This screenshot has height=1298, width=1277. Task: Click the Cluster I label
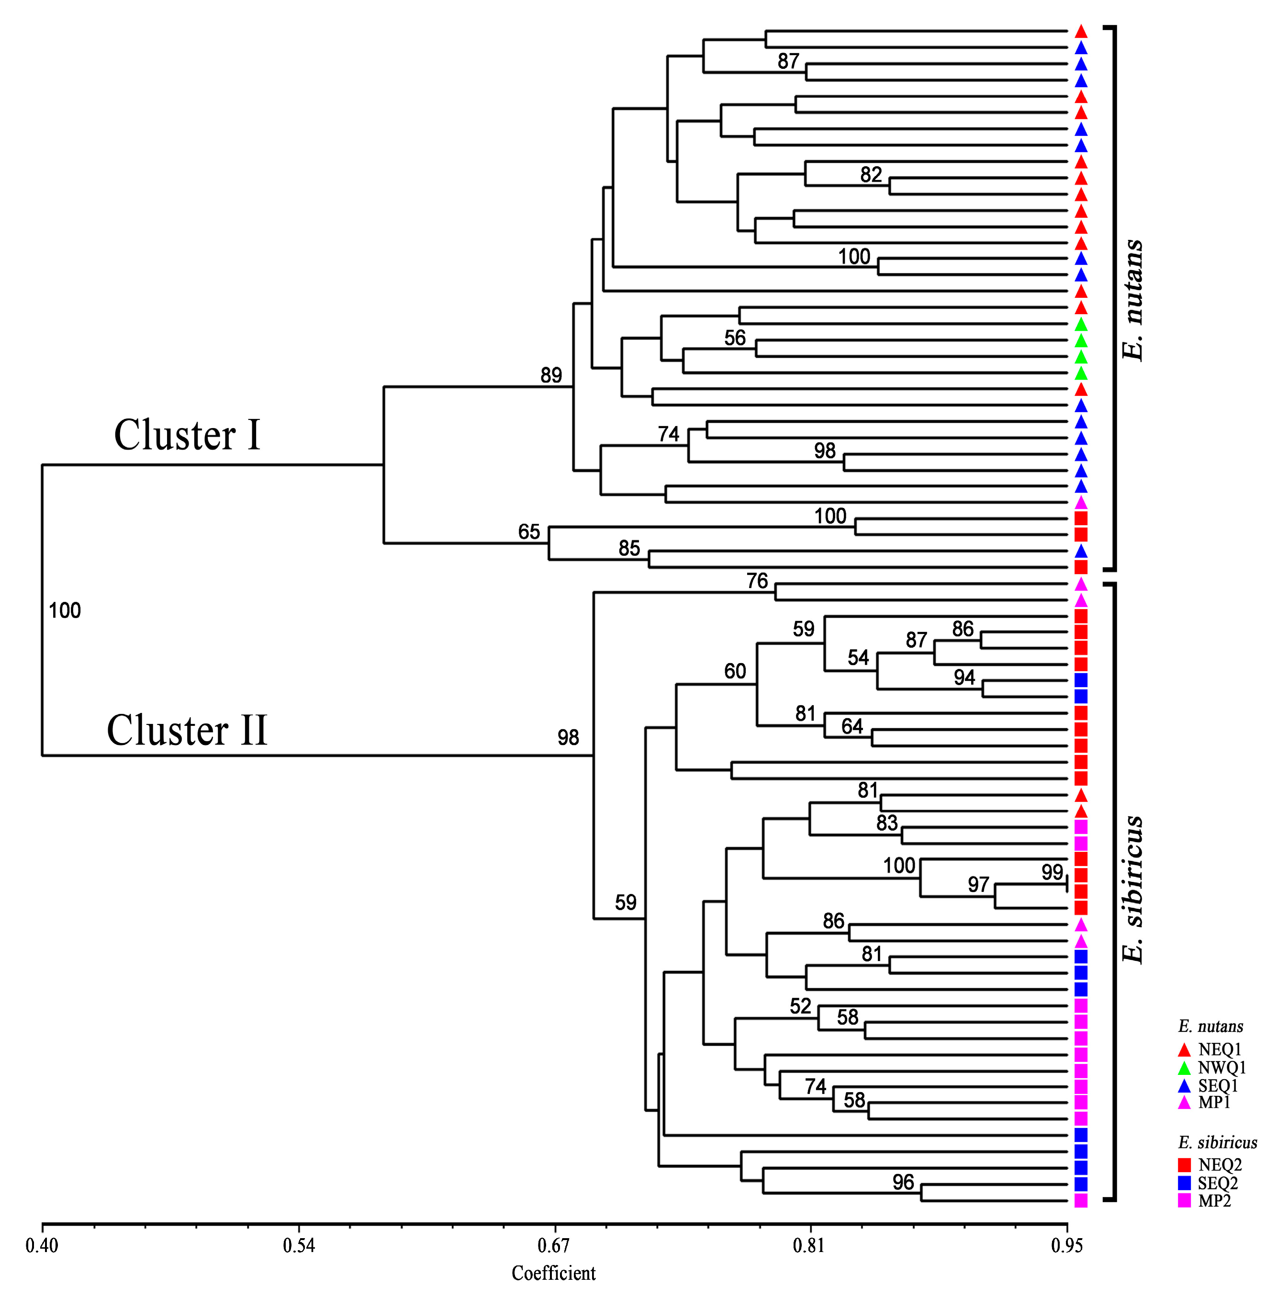coord(187,435)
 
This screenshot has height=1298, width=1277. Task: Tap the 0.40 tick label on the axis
coord(42,1246)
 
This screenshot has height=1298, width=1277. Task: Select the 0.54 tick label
coord(299,1246)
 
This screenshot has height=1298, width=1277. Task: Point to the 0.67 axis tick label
coord(554,1246)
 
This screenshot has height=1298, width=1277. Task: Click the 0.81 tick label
coord(809,1246)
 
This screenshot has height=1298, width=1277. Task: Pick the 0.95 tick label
coord(1066,1246)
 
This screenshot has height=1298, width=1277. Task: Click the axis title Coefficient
coord(553,1273)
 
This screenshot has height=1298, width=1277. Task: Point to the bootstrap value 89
coord(551,375)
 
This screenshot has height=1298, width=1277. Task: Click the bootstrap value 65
coord(529,532)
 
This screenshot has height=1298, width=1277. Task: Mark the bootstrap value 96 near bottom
coord(903,1182)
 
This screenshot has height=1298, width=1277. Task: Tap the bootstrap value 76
coord(757,581)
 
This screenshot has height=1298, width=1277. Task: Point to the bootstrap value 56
coord(735,338)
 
